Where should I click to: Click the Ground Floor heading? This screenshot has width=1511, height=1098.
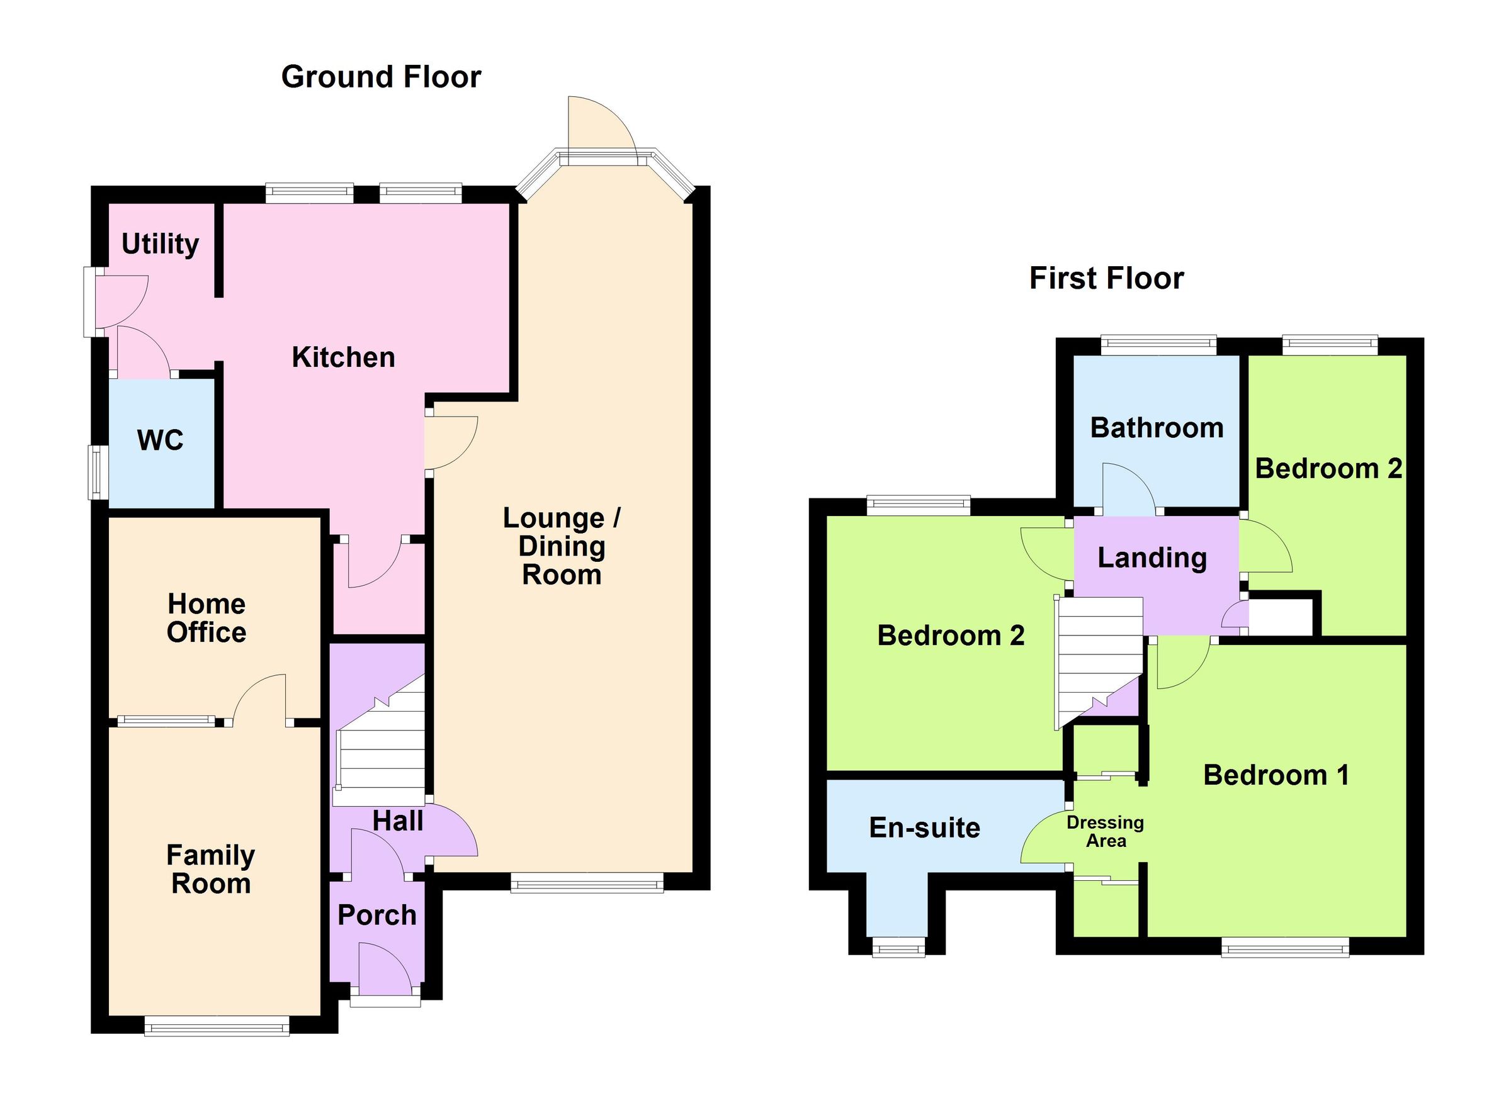pos(381,77)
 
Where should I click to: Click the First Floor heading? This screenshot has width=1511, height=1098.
pos(1107,278)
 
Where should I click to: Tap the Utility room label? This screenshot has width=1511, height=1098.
pos(160,244)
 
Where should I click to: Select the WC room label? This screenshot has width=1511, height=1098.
pos(160,440)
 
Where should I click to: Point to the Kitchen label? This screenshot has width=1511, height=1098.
pos(343,357)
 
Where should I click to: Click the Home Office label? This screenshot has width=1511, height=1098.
pos(207,618)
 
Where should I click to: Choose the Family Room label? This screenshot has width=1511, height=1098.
pos(210,869)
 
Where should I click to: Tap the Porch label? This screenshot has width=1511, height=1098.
pos(377,915)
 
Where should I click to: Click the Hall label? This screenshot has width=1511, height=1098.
pos(398,821)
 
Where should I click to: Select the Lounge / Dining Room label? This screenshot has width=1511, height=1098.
pos(562,546)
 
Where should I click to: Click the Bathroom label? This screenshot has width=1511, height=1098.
pos(1157,427)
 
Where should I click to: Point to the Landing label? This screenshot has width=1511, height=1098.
pos(1152,557)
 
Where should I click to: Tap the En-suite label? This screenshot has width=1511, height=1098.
pos(925,827)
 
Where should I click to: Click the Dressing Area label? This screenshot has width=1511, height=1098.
pos(1106,832)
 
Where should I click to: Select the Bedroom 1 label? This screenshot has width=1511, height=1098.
pos(1276,775)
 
